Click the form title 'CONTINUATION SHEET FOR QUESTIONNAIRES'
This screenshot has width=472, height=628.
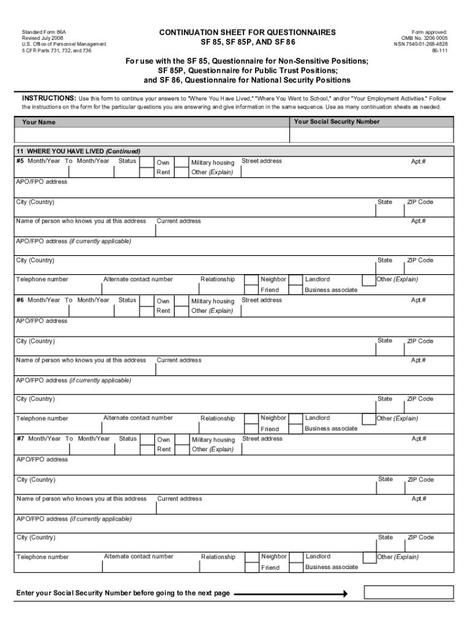click(247, 33)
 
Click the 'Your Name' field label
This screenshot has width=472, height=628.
click(39, 122)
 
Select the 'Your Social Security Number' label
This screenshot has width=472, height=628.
click(337, 121)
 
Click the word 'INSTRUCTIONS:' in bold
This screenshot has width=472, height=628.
click(49, 98)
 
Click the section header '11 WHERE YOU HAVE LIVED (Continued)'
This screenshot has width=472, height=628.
click(78, 151)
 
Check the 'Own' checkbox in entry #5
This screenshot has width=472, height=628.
click(147, 162)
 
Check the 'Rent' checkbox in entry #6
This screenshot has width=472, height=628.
click(147, 311)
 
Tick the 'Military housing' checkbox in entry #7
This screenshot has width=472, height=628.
click(182, 440)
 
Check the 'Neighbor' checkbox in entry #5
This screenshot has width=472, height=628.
click(251, 279)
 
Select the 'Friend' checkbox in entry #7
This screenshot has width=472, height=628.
click(252, 567)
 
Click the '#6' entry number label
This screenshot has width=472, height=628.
click(21, 300)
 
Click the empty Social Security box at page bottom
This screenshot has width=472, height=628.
click(408, 592)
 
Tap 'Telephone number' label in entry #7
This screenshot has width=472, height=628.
click(43, 557)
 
